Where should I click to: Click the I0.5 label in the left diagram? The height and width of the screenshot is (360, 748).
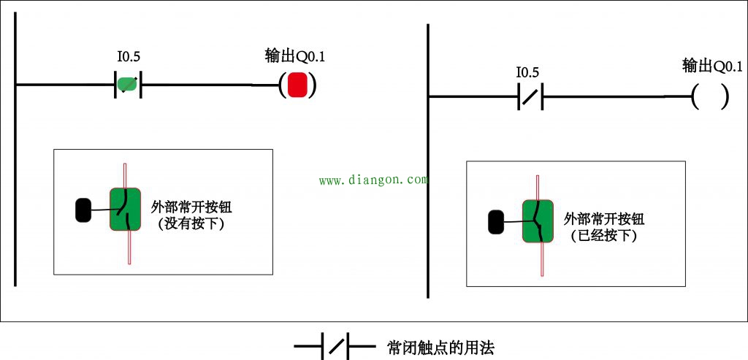(x=129, y=55)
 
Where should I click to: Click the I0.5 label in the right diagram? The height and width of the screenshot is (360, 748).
(x=527, y=73)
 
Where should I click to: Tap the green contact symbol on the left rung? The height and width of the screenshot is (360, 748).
(x=128, y=85)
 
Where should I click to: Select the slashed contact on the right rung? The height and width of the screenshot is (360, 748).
(x=530, y=97)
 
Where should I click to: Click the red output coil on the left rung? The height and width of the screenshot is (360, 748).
(x=297, y=85)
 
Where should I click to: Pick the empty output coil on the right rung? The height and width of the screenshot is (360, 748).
(x=709, y=97)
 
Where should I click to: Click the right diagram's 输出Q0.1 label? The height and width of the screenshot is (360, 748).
(x=712, y=66)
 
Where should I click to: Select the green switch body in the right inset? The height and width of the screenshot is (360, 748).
(x=539, y=221)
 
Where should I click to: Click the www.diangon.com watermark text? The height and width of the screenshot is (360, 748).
(x=373, y=180)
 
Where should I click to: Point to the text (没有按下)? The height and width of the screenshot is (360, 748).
(x=191, y=224)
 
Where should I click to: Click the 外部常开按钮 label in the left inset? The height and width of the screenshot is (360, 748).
(x=191, y=207)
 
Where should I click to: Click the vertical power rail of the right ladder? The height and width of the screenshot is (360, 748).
(x=427, y=161)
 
